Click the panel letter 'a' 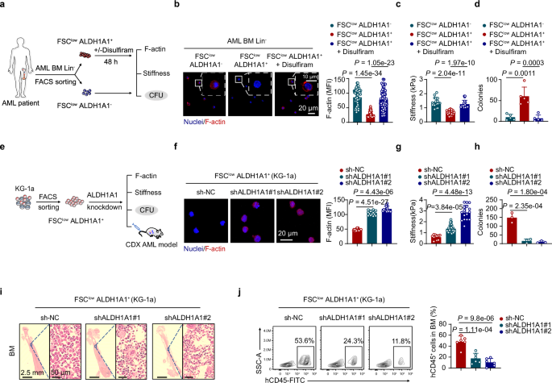click(4, 6)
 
